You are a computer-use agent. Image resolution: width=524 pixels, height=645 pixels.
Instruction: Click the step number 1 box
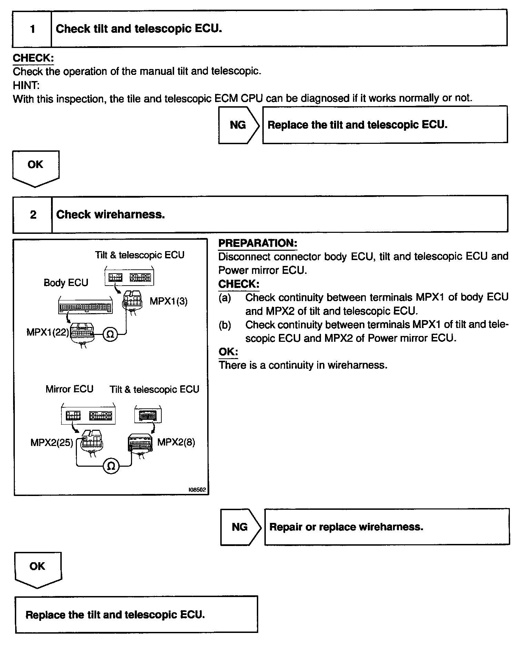(x=32, y=29)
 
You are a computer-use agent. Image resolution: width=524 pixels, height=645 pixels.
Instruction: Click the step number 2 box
(x=33, y=215)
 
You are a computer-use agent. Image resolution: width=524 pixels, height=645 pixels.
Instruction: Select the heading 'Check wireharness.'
(x=110, y=215)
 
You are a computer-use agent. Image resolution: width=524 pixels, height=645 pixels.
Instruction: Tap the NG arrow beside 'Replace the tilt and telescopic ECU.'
(x=238, y=125)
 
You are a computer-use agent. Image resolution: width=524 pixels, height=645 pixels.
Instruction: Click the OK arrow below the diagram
(x=38, y=569)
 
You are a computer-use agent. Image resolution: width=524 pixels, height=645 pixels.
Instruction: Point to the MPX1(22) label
(x=48, y=333)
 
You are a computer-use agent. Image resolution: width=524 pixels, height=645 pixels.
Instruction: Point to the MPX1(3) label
(x=169, y=301)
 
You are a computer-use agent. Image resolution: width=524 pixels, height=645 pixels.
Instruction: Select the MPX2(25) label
(x=52, y=443)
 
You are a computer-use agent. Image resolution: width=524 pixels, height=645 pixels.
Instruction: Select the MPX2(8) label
(x=176, y=442)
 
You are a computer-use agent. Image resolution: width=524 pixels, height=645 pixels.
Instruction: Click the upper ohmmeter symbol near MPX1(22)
(x=110, y=334)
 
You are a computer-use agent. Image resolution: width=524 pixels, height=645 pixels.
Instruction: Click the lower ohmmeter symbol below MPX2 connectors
(x=111, y=466)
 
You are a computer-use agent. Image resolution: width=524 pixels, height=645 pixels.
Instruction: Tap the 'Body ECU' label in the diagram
(x=66, y=283)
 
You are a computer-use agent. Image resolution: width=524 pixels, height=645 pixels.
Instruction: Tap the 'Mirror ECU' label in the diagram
(x=69, y=389)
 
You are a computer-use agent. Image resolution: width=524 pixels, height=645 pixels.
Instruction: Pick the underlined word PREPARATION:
(x=258, y=243)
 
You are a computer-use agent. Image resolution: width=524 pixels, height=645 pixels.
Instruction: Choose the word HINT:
(x=26, y=85)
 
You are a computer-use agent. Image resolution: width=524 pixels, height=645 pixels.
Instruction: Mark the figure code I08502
(x=197, y=489)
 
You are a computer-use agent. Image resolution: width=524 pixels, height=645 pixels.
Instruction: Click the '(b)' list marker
(x=225, y=325)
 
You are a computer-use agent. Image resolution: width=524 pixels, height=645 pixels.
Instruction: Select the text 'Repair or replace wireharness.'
(x=346, y=527)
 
